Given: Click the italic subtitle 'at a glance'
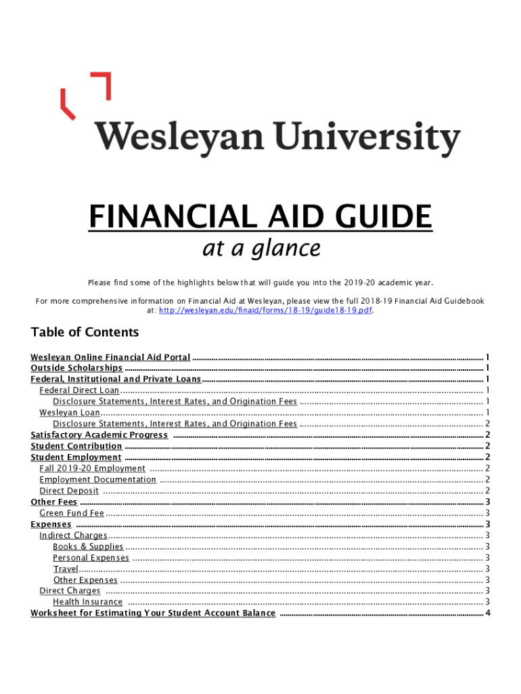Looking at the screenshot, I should point(260,249).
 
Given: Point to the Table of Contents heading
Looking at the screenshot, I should point(85,332).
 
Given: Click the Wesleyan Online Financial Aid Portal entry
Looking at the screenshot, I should point(110,357).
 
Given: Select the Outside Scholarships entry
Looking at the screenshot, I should point(76,368).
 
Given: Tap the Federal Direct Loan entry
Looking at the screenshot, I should point(79,390).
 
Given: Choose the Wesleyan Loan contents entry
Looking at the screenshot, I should point(70,413).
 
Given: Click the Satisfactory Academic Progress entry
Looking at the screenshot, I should point(99,435).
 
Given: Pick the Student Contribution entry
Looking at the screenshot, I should point(76,446).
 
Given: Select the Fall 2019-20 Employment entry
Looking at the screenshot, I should point(92,468).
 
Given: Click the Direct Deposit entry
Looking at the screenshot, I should point(69,491).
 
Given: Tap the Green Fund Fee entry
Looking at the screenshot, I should point(72,513).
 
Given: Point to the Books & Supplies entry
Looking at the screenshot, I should point(88,546).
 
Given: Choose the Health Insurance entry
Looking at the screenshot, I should point(88,602).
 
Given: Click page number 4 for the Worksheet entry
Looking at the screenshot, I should point(487,613).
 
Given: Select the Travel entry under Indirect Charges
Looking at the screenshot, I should point(66,569).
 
